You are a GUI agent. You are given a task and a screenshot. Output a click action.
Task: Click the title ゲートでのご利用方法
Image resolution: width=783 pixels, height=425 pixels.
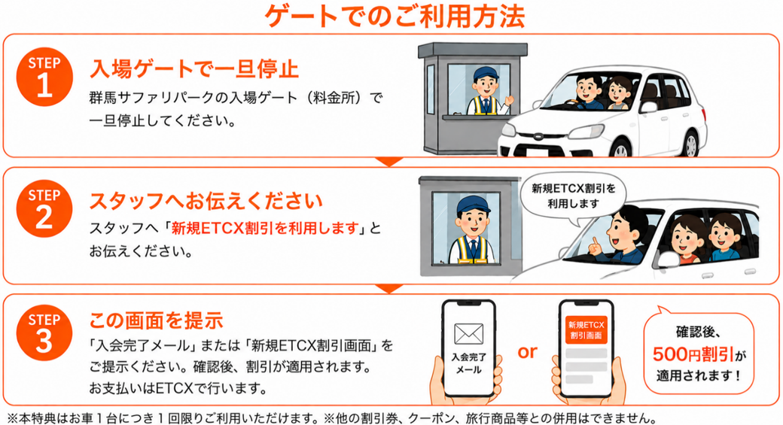395,16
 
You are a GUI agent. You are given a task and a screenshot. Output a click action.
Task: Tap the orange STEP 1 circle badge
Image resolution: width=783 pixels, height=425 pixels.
44,77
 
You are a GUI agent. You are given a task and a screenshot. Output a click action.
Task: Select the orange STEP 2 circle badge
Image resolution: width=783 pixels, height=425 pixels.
44,209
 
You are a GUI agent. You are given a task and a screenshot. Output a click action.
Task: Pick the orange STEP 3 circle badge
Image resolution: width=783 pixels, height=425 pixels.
44,332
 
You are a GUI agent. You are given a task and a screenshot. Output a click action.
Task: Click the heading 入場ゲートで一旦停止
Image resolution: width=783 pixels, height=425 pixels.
194,69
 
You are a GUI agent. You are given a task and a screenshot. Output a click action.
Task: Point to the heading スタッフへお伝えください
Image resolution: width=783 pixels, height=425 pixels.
206,201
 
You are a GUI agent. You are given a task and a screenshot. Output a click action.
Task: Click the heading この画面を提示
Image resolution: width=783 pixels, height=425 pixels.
157,320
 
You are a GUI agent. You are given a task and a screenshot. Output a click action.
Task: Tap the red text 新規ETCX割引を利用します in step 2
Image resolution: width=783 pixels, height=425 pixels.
265,229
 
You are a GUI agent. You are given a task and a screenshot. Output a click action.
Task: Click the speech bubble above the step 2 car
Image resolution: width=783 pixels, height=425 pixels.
573,196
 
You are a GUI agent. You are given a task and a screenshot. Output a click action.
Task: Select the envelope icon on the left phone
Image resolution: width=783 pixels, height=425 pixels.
468,334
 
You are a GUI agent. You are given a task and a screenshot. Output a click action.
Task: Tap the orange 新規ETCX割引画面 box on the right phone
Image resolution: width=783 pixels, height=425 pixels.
586,329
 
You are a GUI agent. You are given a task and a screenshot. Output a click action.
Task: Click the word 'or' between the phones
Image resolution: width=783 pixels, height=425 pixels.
527,352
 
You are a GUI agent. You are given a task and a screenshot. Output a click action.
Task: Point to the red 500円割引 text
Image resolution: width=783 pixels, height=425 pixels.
693,354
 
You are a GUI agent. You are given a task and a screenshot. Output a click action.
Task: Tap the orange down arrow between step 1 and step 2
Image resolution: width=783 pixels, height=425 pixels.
389,162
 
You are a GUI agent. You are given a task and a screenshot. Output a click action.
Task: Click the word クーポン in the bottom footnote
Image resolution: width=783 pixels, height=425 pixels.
431,417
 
